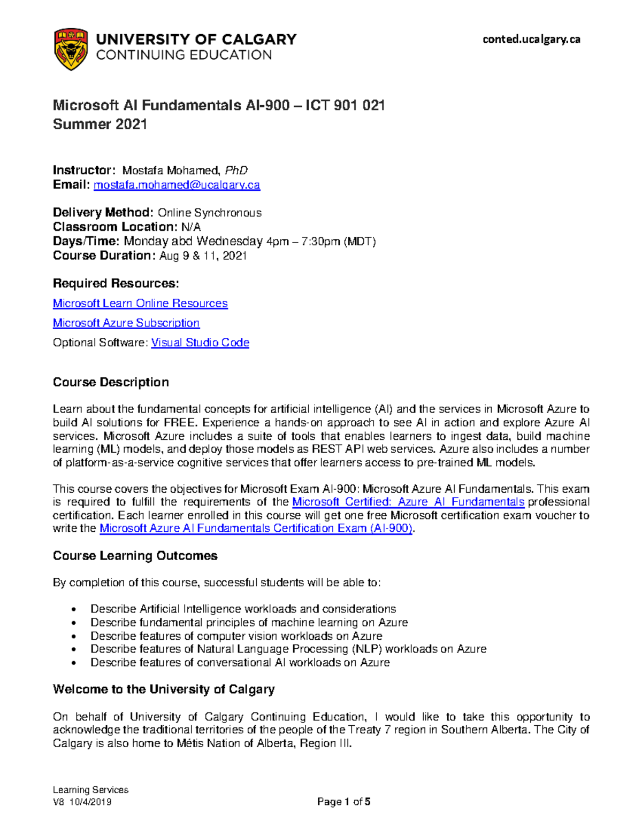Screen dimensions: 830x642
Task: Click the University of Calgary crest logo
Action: coord(71,49)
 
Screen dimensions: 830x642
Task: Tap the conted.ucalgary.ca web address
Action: coord(531,39)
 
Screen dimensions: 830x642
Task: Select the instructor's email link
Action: coord(177,185)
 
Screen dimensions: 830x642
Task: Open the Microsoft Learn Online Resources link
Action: coord(140,304)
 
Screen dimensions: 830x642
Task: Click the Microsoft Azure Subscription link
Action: coord(126,323)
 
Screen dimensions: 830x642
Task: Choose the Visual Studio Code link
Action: coord(200,343)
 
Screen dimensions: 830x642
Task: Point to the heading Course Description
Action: coord(111,382)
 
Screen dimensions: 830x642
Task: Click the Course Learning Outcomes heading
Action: coord(135,556)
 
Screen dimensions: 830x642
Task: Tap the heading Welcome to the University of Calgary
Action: coord(164,689)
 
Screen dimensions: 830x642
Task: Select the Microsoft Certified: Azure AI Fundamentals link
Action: coord(408,502)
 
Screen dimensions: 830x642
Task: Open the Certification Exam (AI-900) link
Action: coord(256,529)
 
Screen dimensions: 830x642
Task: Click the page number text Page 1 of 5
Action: coord(343,802)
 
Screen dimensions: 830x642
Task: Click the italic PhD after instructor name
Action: coord(236,170)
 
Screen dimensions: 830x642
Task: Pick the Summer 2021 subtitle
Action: coord(100,125)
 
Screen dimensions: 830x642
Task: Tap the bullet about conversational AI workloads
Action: coord(240,663)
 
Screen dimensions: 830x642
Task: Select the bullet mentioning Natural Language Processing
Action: coord(288,649)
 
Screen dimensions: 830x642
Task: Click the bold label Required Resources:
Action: coord(116,283)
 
